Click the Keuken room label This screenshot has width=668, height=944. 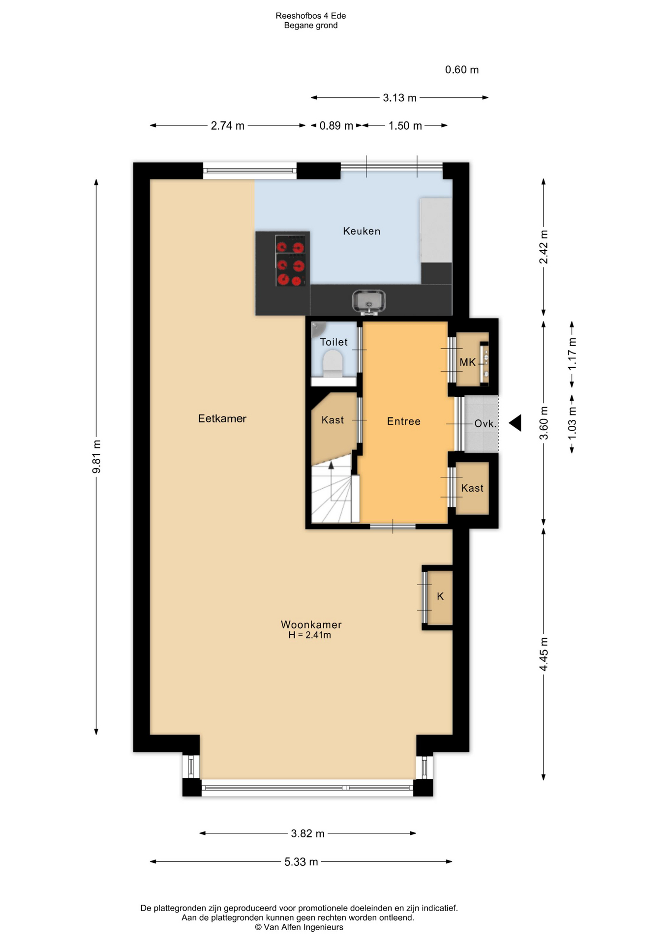(x=362, y=231)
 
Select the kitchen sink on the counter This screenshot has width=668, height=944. (x=369, y=301)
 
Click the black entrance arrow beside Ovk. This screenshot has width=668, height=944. (x=515, y=423)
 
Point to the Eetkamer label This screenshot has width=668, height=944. (x=222, y=418)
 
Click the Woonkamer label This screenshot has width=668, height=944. (x=311, y=624)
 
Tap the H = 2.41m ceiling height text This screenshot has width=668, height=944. (x=309, y=635)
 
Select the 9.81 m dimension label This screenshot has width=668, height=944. (x=96, y=457)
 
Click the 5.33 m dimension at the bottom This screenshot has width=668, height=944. (x=301, y=862)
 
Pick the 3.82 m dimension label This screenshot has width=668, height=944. (x=308, y=833)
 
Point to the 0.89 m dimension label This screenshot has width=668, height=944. (x=336, y=126)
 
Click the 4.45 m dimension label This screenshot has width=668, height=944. (x=544, y=654)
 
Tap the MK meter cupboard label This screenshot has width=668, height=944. (x=468, y=362)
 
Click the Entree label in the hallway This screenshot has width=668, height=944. (x=404, y=421)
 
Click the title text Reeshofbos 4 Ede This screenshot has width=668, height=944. (x=311, y=16)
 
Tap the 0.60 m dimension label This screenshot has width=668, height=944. (x=462, y=70)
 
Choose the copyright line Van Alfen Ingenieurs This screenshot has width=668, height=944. (x=299, y=927)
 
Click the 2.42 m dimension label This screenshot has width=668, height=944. (x=544, y=247)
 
